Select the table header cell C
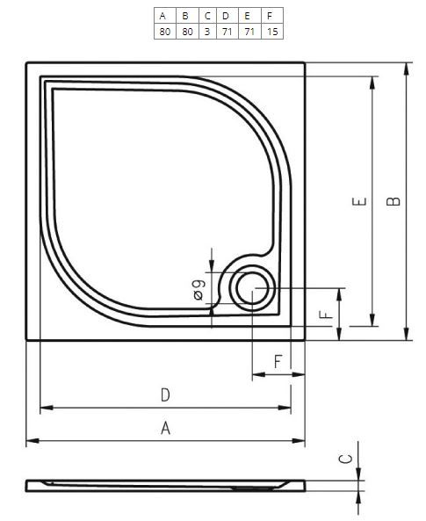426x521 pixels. (207, 16)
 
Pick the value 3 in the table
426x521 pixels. (207, 32)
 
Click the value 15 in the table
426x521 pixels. (272, 32)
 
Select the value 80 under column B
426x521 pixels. (187, 32)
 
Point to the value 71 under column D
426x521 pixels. (227, 32)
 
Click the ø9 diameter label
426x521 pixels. (199, 290)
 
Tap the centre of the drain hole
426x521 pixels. (253, 288)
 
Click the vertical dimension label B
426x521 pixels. (394, 201)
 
